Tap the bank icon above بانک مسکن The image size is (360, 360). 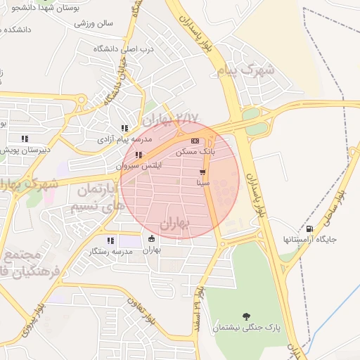coord(195,141)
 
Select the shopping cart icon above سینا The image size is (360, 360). coord(202,172)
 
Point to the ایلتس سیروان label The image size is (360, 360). coord(139,166)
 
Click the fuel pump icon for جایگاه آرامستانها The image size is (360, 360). coord(310,229)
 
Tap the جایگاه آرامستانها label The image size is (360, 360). coord(310,240)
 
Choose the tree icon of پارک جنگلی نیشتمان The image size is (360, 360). coord(245,316)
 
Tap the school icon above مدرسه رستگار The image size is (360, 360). coord(109,241)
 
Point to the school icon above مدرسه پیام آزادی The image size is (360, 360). coord(124,129)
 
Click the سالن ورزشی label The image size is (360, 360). coord(94,23)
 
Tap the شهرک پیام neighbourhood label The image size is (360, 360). coord(239,71)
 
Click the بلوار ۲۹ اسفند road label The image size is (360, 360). coord(200,309)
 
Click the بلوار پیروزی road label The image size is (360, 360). coord(32,320)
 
